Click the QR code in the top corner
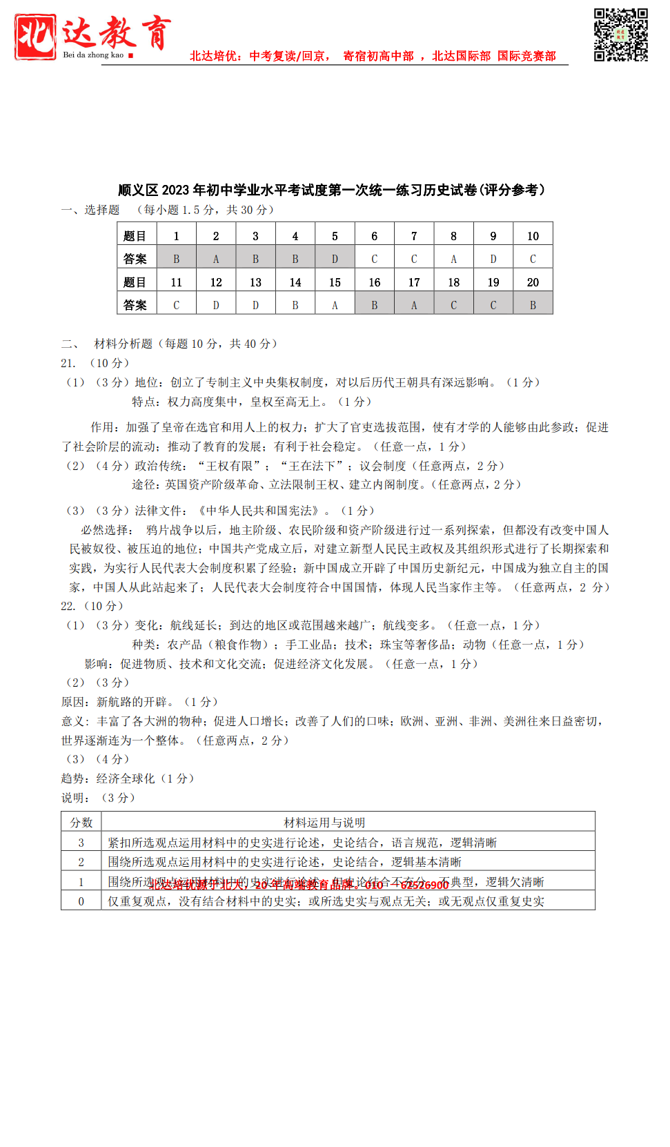[620, 35]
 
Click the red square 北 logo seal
[35, 37]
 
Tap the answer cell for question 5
[335, 259]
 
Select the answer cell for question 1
[176, 259]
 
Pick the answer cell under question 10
[533, 259]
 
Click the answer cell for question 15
[335, 305]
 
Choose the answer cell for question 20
[533, 305]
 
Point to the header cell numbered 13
[255, 282]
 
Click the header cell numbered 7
[414, 236]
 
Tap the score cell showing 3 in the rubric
[81, 843]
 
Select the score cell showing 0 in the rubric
[81, 901]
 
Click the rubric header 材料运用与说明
[324, 823]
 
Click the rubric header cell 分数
[81, 823]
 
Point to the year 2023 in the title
[175, 190]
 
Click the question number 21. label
[68, 363]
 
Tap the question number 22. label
[68, 606]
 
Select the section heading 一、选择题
[90, 210]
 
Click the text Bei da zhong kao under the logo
[93, 55]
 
